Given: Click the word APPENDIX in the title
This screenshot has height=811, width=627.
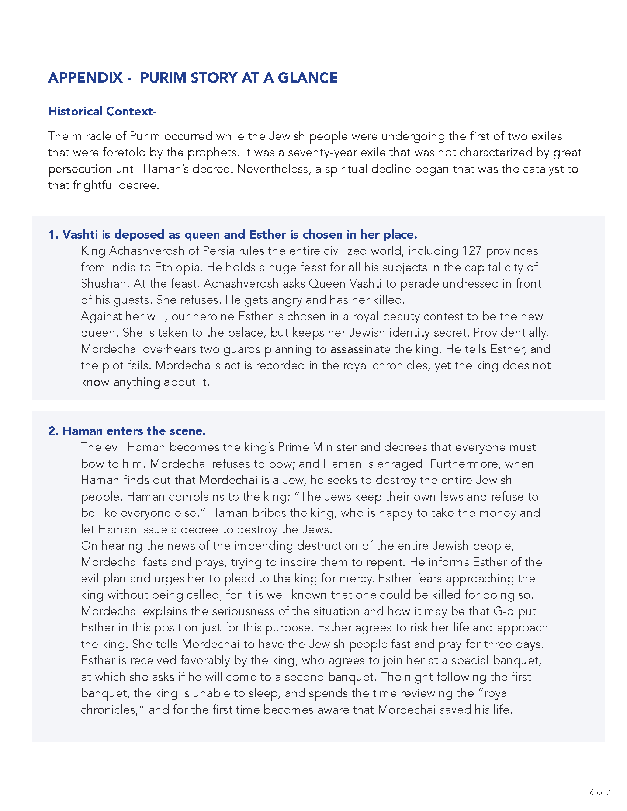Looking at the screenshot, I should tap(85, 78).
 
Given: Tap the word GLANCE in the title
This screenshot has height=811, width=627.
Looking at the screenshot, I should tap(308, 78).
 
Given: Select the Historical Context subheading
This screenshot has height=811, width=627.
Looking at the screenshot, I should tap(102, 111).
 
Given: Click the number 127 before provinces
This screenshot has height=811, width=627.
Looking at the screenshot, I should tap(471, 251).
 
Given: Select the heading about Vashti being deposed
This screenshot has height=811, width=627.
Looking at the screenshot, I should tap(232, 235).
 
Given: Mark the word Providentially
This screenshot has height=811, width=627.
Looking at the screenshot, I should tap(511, 333).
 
